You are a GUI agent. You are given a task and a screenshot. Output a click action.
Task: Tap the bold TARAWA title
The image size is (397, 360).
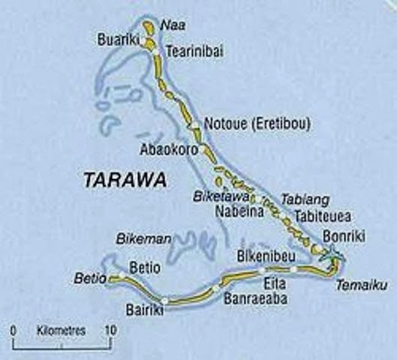(126, 180)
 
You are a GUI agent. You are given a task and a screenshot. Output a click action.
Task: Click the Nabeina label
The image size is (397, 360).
(239, 211)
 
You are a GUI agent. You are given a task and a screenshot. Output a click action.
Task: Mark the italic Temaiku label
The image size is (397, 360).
(355, 285)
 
